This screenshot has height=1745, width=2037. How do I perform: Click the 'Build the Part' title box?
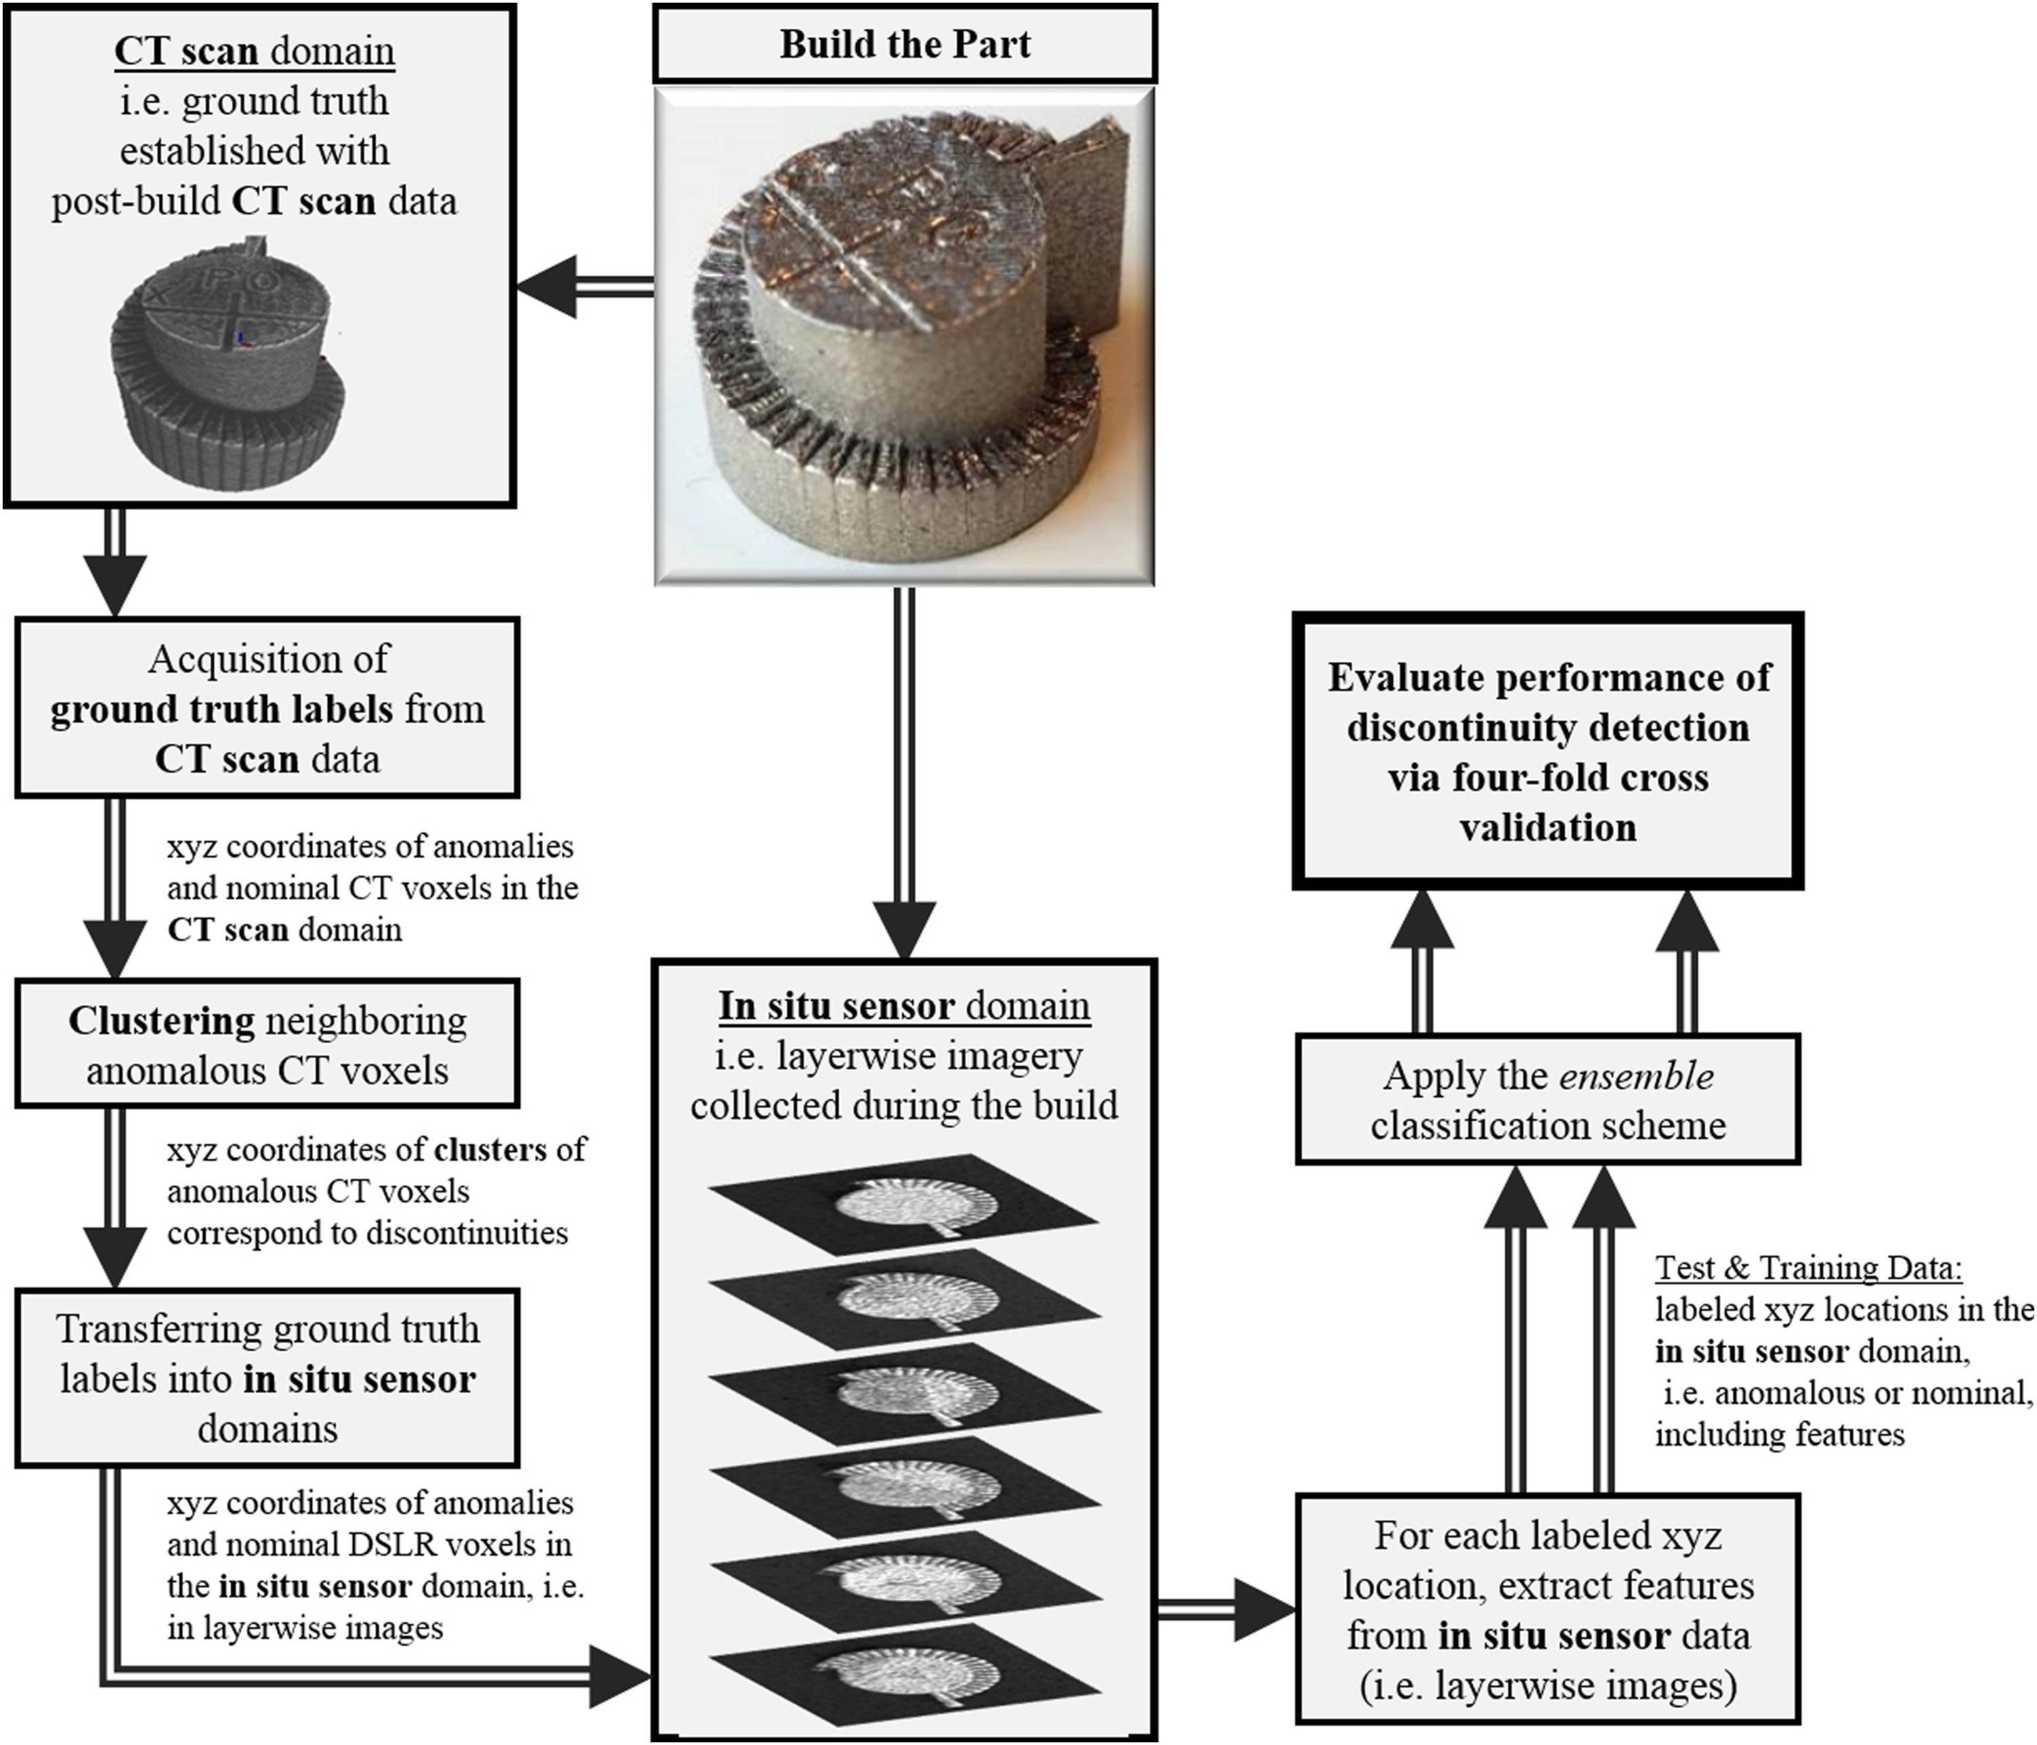pos(905,44)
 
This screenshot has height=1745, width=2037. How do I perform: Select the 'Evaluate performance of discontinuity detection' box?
pos(1547,752)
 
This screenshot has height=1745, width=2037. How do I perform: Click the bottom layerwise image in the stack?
pos(905,1671)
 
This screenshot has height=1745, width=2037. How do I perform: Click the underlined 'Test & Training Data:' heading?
pos(1809,1268)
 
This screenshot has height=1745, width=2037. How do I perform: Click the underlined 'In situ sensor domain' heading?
pos(905,1006)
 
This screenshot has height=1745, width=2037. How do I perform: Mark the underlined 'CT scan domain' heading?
pos(255,51)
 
